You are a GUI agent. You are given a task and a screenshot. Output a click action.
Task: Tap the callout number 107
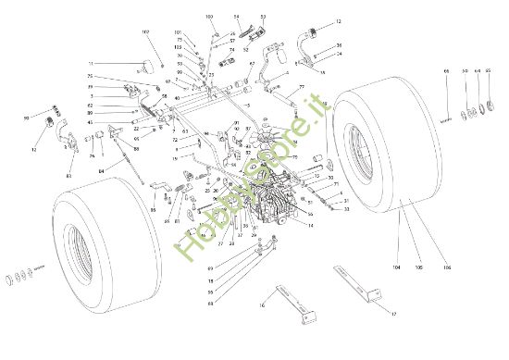[x=145, y=32]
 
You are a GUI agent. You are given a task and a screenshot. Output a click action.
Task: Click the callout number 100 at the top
[x=208, y=17]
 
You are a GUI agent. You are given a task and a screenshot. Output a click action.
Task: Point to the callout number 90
[x=25, y=118]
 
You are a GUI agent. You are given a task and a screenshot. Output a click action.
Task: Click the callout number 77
[x=302, y=87]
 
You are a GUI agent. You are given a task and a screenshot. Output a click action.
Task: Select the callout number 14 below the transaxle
[x=311, y=225]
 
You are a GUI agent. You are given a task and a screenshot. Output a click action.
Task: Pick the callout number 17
[x=393, y=314]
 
